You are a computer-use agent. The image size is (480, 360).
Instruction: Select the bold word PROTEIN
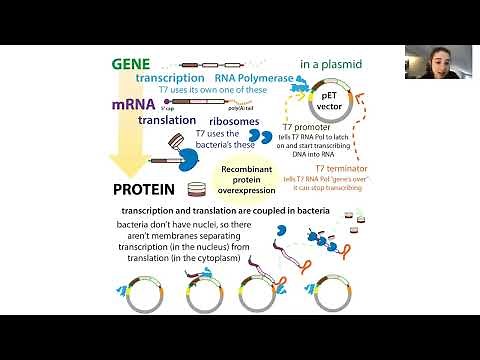(144, 188)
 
